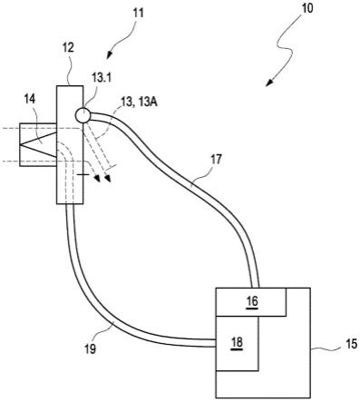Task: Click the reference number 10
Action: click(307, 8)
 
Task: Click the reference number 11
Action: click(138, 14)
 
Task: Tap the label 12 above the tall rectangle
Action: click(69, 47)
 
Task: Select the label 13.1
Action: click(102, 78)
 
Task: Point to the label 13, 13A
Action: click(140, 103)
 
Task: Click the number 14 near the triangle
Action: click(30, 99)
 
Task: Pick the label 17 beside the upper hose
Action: click(217, 160)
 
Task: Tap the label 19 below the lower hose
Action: click(91, 348)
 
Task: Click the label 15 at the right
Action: click(352, 344)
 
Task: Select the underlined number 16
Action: click(252, 301)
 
